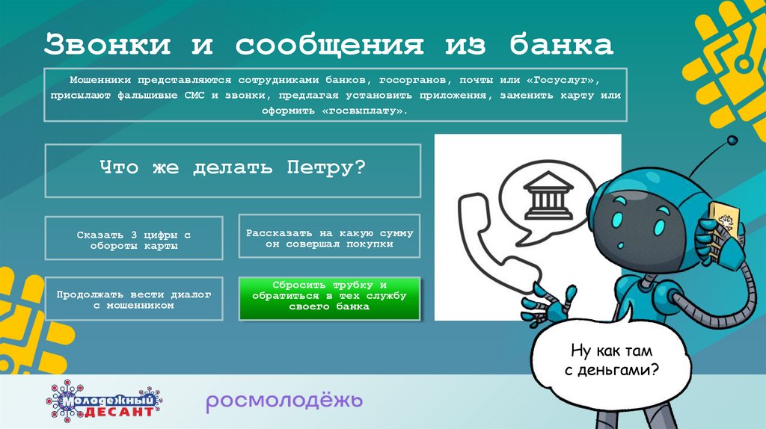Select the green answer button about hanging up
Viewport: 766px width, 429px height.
(329, 297)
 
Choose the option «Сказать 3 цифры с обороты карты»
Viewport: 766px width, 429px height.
(134, 239)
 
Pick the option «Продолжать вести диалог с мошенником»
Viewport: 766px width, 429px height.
(134, 299)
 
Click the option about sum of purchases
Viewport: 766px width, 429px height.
(329, 238)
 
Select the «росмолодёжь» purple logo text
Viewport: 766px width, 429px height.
(285, 401)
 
